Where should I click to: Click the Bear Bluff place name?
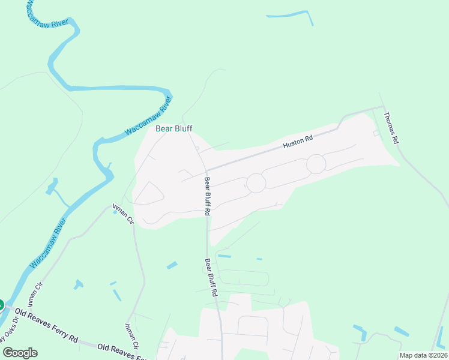pyautogui.click(x=174, y=128)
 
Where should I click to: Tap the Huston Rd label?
pyautogui.click(x=298, y=142)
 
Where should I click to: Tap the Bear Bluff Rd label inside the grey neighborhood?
pyautogui.click(x=207, y=196)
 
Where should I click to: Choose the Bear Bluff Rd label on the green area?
pyautogui.click(x=210, y=278)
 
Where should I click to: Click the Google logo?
pyautogui.click(x=20, y=353)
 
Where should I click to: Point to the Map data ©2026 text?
pyautogui.click(x=423, y=355)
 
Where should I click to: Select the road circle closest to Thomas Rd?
pyautogui.click(x=316, y=164)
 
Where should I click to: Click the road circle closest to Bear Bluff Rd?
pyautogui.click(x=256, y=183)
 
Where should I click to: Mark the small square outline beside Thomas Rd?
pyautogui.click(x=376, y=133)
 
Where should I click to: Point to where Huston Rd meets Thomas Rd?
pyautogui.click(x=382, y=107)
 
